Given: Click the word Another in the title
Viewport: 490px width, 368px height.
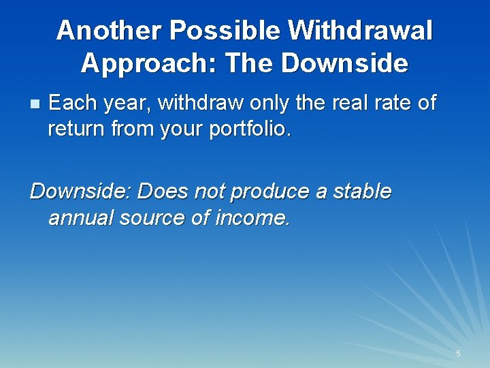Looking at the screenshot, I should (x=110, y=31).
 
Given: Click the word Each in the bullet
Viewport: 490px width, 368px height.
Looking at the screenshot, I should (x=71, y=103).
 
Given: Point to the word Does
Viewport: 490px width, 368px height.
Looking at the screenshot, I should (x=162, y=191).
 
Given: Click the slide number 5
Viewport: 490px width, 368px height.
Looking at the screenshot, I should (x=458, y=354).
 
